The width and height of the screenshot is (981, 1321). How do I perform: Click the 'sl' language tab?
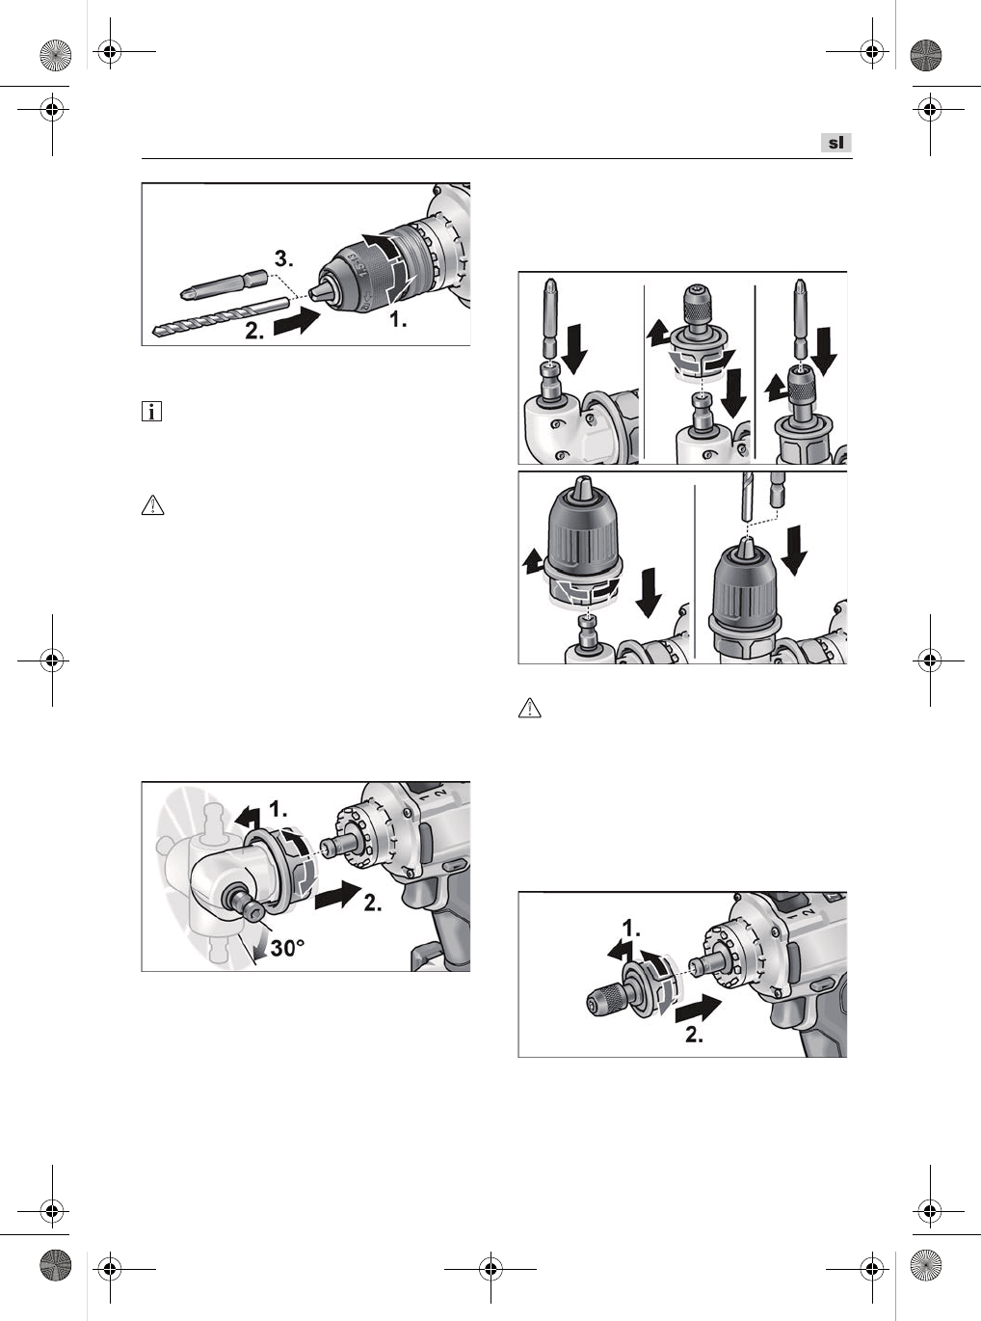pyautogui.click(x=836, y=143)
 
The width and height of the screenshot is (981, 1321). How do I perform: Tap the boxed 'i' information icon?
pyautogui.click(x=152, y=412)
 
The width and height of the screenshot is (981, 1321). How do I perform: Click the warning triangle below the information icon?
pyautogui.click(x=152, y=505)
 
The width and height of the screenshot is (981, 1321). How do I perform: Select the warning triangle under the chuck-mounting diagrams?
pyautogui.click(x=530, y=708)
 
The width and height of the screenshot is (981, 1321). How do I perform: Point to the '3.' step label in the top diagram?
pyautogui.click(x=283, y=258)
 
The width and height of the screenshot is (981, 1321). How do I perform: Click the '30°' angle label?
pyautogui.click(x=287, y=948)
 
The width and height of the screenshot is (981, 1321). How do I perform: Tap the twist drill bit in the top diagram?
pyautogui.click(x=221, y=317)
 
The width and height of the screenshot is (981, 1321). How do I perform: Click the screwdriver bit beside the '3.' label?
pyautogui.click(x=223, y=284)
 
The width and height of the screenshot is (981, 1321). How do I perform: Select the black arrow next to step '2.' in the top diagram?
pyautogui.click(x=297, y=322)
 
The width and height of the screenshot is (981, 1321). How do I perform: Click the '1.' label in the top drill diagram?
pyautogui.click(x=398, y=320)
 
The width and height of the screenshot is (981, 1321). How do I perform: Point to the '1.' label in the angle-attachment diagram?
pyautogui.click(x=278, y=809)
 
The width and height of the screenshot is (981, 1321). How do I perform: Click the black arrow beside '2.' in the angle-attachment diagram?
pyautogui.click(x=337, y=895)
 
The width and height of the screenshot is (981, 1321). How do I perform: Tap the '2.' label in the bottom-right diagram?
pyautogui.click(x=694, y=1036)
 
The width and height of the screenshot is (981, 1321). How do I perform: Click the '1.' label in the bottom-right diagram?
pyautogui.click(x=631, y=928)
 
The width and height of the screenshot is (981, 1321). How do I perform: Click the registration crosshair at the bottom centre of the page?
pyautogui.click(x=490, y=1269)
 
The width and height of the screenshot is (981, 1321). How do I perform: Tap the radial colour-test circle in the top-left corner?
pyautogui.click(x=55, y=54)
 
